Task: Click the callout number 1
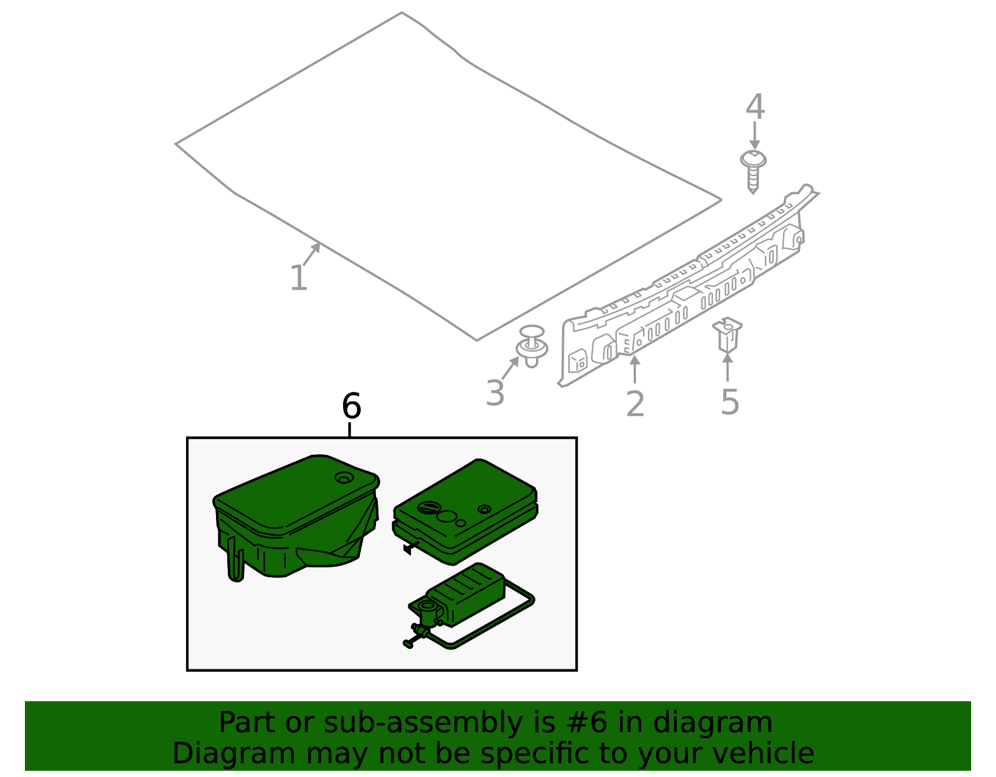point(299,278)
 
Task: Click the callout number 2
point(635,404)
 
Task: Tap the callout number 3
point(495,393)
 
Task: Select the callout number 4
point(755,107)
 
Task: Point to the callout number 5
point(730,402)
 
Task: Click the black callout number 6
point(351,407)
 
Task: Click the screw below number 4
point(753,169)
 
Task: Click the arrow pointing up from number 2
point(634,369)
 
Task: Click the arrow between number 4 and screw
point(754,135)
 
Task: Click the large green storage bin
point(293,516)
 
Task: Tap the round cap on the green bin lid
point(344,478)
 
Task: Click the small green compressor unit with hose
point(464,597)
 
